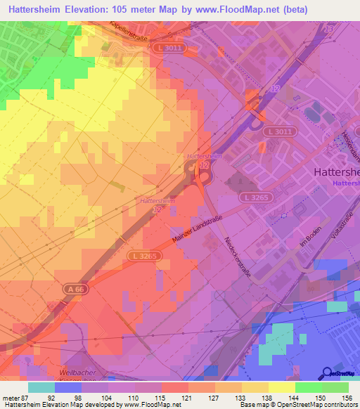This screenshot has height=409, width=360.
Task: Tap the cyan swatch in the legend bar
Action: (41, 387)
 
